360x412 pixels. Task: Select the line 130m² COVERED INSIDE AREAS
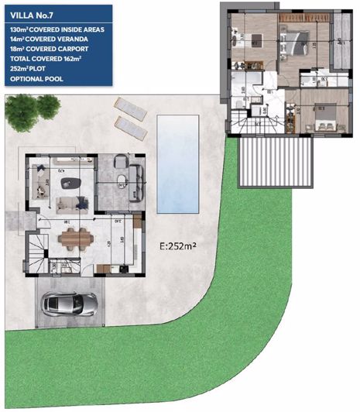pyautogui.click(x=60, y=28)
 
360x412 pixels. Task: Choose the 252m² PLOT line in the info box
pyautogui.click(x=29, y=68)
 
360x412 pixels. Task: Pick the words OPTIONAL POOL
pyautogui.click(x=34, y=78)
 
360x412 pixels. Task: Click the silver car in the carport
pyautogui.click(x=67, y=303)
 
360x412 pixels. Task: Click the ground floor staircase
pyautogui.click(x=36, y=250)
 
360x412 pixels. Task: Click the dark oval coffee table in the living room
pyautogui.click(x=71, y=183)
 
